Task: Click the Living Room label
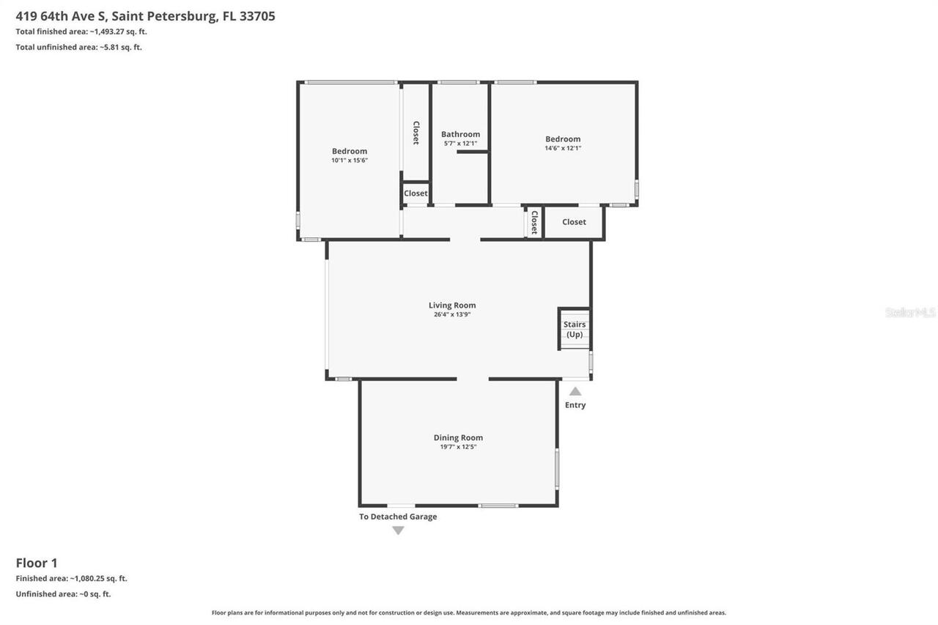coord(452,306)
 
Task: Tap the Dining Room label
coord(458,437)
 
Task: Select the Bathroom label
coord(460,134)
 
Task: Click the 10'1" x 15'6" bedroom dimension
coord(349,160)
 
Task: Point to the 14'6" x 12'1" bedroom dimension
coord(563,148)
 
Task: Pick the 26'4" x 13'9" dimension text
coord(452,314)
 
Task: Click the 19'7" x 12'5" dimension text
coord(458,446)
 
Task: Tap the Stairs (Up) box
coord(575,329)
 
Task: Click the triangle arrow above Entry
coord(575,391)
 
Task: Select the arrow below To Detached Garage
coord(398,530)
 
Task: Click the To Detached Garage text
coord(398,517)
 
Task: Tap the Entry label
coord(575,405)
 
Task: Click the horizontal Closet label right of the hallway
coord(574,222)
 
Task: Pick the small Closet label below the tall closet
coord(416,193)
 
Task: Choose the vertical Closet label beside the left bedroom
coord(416,133)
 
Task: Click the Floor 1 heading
coord(37,563)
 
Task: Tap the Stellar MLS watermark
coord(910,312)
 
